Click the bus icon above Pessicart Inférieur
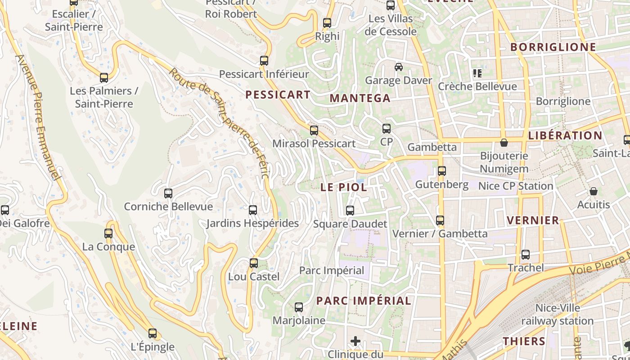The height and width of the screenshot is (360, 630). pyautogui.click(x=264, y=61)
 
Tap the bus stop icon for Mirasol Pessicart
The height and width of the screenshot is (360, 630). pyautogui.click(x=314, y=130)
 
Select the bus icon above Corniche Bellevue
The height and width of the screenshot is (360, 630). pyautogui.click(x=168, y=193)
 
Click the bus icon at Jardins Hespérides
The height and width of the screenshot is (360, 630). pyautogui.click(x=253, y=210)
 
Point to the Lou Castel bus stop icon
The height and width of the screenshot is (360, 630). pyautogui.click(x=254, y=263)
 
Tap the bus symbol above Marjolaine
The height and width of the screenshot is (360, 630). pyautogui.click(x=299, y=307)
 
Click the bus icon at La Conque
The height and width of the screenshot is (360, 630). pyautogui.click(x=108, y=234)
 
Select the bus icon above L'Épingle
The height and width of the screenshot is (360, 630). pyautogui.click(x=153, y=333)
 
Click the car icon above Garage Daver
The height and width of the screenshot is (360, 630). pyautogui.click(x=399, y=67)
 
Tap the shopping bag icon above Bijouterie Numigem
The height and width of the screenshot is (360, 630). pyautogui.click(x=504, y=143)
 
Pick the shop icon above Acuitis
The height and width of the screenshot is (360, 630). pyautogui.click(x=594, y=191)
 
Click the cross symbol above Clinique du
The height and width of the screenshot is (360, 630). pyautogui.click(x=355, y=341)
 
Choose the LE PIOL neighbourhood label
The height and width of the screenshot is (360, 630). pyautogui.click(x=344, y=188)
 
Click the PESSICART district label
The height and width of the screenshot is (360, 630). pyautogui.click(x=278, y=94)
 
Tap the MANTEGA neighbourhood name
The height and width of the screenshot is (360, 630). pyautogui.click(x=360, y=98)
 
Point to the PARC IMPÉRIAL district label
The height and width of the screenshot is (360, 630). pyautogui.click(x=364, y=301)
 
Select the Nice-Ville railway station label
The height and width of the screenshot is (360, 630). pyautogui.click(x=558, y=315)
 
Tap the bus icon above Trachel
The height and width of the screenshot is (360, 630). pyautogui.click(x=526, y=255)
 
